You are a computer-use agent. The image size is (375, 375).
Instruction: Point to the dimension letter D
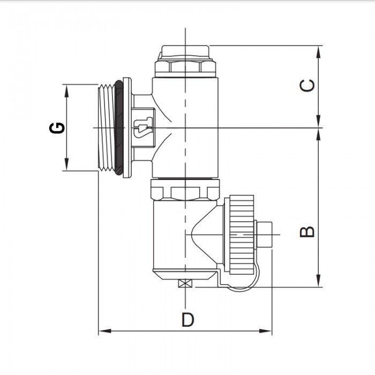(187, 320)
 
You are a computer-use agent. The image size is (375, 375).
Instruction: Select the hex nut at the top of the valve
(185, 67)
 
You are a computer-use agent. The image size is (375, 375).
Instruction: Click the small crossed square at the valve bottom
(185, 284)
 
